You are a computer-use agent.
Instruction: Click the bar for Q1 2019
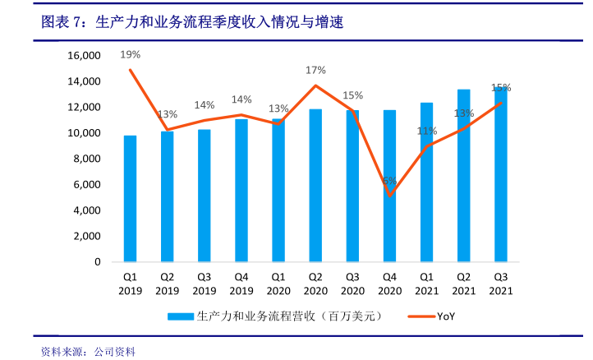point(130,199)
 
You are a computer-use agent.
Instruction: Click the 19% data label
point(130,54)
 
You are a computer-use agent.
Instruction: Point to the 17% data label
point(315,70)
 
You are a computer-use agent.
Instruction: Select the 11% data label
point(426,131)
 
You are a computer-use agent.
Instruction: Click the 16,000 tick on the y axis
point(83,56)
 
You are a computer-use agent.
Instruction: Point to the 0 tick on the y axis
point(96,261)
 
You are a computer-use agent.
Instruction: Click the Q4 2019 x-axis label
point(241,284)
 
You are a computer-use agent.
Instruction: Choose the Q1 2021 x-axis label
point(426,284)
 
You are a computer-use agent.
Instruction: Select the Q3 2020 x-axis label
point(352,284)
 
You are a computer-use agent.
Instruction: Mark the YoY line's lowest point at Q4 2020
point(389,195)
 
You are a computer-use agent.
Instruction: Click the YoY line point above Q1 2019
point(130,70)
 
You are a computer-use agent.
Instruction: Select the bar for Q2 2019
point(167,196)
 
